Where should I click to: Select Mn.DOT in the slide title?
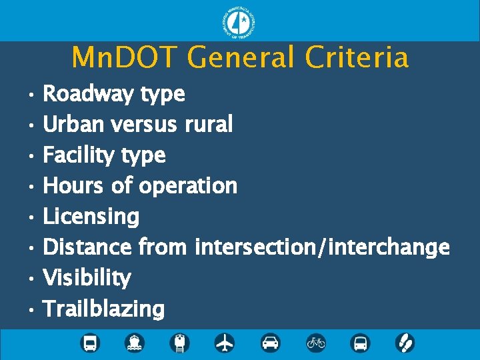click(126, 58)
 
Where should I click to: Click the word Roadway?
click(90, 94)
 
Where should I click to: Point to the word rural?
click(208, 124)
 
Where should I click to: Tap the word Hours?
click(73, 185)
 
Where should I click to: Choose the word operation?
click(187, 186)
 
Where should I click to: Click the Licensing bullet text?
click(91, 217)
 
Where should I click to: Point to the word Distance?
click(87, 247)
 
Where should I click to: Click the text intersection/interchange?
click(322, 247)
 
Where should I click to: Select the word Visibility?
click(87, 277)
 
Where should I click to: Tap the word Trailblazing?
click(103, 309)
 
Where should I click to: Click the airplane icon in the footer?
click(225, 343)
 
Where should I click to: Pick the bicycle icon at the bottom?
click(315, 343)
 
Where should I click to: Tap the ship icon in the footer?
click(135, 343)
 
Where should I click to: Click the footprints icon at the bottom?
click(405, 343)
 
